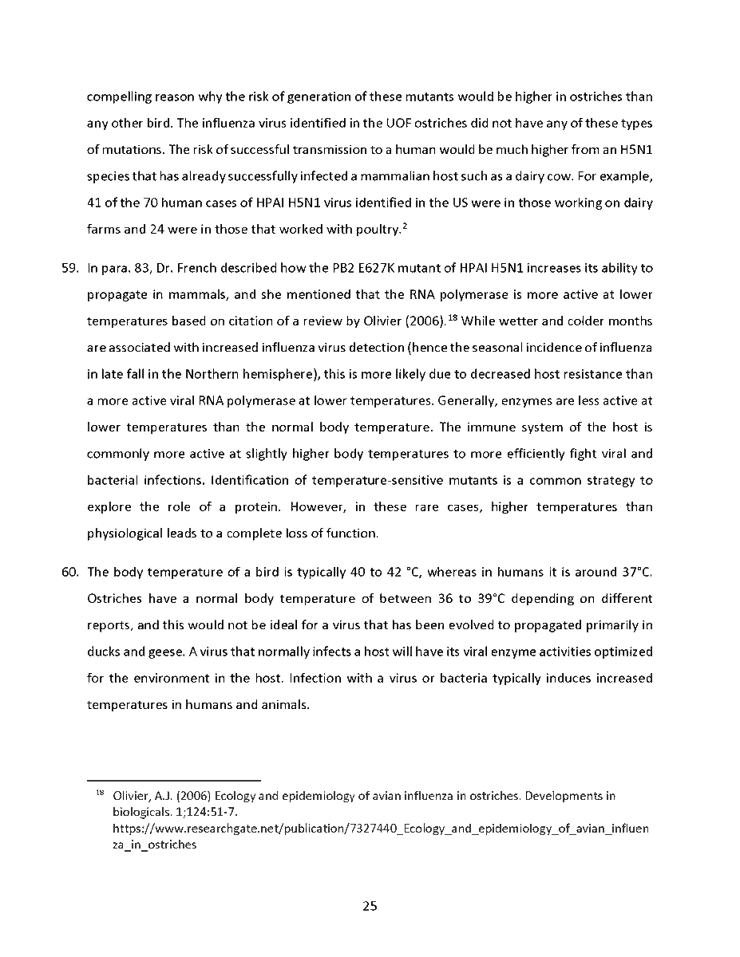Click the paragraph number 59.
[69, 268]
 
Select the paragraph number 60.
[69, 572]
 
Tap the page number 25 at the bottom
[370, 906]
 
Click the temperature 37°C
[637, 572]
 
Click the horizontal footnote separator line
[174, 780]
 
